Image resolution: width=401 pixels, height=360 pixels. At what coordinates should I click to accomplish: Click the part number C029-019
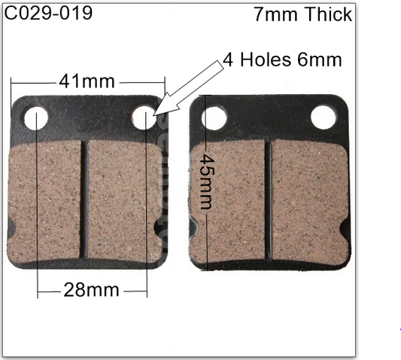(x=49, y=13)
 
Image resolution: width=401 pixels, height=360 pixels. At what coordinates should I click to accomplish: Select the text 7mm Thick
(x=302, y=14)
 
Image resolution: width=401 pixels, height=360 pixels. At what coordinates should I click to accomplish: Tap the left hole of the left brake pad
(x=36, y=118)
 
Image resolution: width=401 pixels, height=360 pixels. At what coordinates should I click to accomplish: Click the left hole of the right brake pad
(x=213, y=117)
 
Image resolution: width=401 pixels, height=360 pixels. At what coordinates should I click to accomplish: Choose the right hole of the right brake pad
(x=322, y=116)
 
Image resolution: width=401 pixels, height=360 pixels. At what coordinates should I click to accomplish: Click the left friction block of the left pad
(x=47, y=202)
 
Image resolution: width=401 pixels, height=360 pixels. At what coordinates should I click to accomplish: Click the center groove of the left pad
(x=85, y=202)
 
